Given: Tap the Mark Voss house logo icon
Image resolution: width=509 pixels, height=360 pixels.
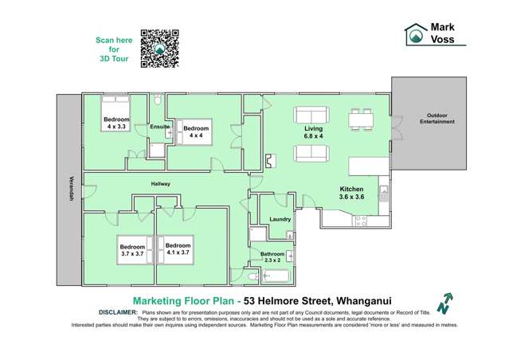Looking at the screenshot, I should (x=416, y=33).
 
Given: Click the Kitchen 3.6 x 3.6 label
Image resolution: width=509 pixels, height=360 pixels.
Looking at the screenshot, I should (x=351, y=192).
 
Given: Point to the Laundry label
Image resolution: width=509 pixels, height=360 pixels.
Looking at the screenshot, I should (x=280, y=219).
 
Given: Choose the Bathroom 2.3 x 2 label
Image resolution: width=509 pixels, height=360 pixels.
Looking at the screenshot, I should (x=274, y=256).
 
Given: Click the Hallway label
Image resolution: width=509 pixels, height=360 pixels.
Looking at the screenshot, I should (x=162, y=184).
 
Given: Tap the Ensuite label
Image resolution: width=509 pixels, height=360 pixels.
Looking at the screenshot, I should (x=159, y=127).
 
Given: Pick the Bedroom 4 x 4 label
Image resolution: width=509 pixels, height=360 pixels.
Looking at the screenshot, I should (x=196, y=131).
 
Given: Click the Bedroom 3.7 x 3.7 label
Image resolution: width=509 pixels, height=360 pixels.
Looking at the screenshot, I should (x=132, y=249).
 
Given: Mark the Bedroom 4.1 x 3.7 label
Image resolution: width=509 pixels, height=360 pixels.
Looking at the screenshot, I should (x=178, y=249).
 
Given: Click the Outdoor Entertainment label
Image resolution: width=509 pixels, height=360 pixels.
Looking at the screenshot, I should (x=438, y=118).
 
